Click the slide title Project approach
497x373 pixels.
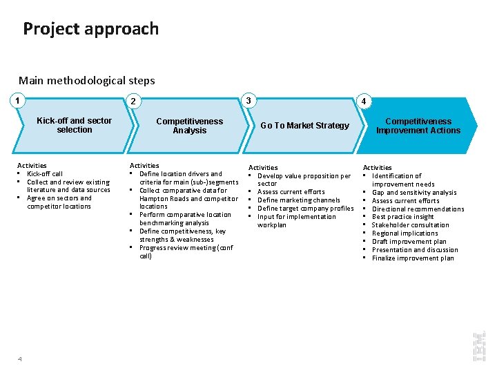pyautogui.click(x=90, y=29)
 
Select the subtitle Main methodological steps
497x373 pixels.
pyautogui.click(x=87, y=80)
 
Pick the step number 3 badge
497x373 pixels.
pyautogui.click(x=249, y=100)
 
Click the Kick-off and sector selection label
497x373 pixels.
pyautogui.click(x=74, y=125)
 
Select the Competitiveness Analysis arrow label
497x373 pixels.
pyautogui.click(x=189, y=126)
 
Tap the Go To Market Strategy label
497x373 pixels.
pyautogui.click(x=304, y=126)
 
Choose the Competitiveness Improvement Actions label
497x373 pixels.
pyautogui.click(x=418, y=126)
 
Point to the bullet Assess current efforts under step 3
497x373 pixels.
pyautogui.click(x=291, y=192)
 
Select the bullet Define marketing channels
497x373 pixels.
pyautogui.click(x=298, y=200)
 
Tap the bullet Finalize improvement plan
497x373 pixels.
pyautogui.click(x=413, y=258)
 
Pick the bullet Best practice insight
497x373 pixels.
pyautogui.click(x=403, y=217)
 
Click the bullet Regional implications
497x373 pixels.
pyautogui.click(x=405, y=233)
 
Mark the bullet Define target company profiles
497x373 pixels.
pyautogui.click(x=305, y=209)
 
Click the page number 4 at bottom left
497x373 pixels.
pyautogui.click(x=20, y=358)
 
